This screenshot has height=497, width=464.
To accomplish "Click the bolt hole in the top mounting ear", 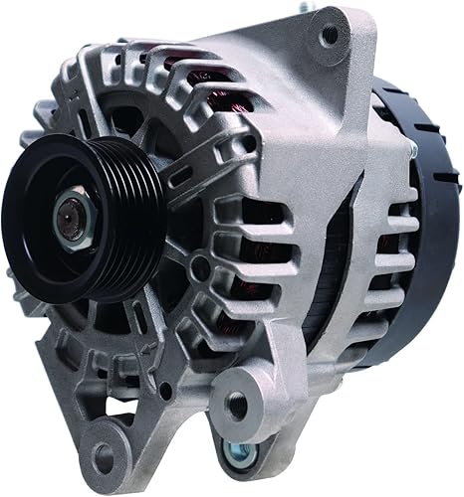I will click(329, 37).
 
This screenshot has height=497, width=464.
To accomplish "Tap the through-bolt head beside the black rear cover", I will click(411, 149).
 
